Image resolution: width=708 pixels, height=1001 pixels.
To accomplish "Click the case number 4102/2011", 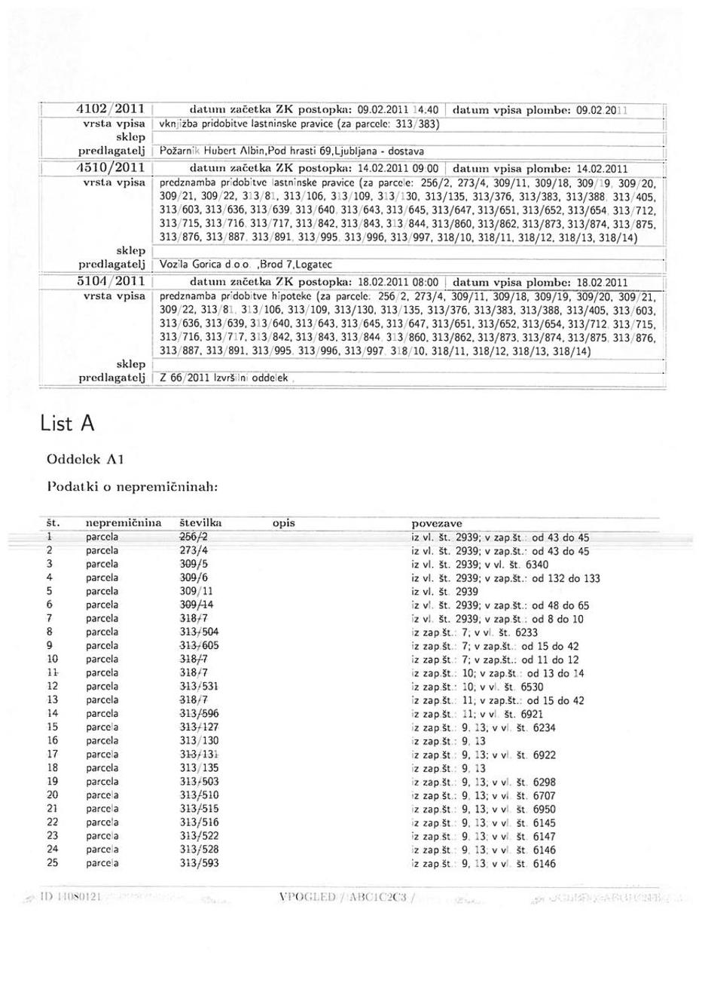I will point(112,109).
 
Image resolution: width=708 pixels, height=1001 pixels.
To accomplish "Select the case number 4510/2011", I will point(112,167).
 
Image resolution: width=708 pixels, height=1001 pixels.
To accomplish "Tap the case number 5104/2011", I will point(112,281).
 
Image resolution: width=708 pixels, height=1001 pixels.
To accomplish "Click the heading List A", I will point(67,424).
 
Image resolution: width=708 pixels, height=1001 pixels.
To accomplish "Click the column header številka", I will point(200,522).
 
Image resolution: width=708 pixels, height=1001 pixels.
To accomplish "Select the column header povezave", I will point(437,522).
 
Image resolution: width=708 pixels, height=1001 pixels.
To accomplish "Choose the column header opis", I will point(283,522).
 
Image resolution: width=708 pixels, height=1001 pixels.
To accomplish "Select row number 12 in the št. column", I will point(52,686).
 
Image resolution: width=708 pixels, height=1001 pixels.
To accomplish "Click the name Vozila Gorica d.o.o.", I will point(206,265).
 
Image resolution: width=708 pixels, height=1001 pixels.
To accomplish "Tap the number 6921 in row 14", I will point(531,713).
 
